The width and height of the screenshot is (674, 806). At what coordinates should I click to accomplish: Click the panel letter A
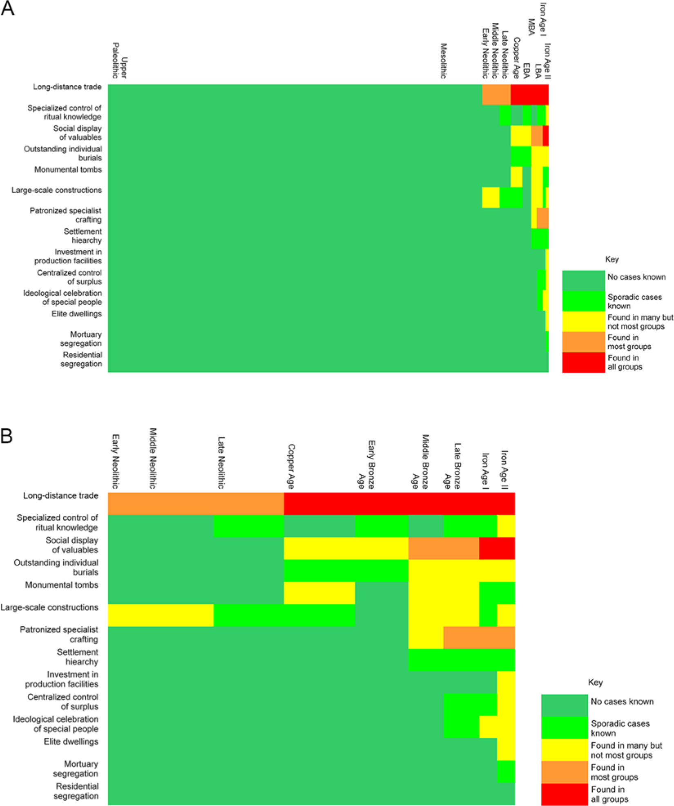pos(7,8)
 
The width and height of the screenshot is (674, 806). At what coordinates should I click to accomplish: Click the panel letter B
pos(7,436)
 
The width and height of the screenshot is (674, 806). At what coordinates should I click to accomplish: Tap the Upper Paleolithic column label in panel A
pos(119,61)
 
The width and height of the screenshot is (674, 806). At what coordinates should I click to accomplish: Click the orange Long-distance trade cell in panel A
pos(496,95)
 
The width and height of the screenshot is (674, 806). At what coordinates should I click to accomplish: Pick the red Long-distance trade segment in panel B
pos(399,503)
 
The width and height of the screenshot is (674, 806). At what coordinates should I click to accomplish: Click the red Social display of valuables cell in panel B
pos(497,548)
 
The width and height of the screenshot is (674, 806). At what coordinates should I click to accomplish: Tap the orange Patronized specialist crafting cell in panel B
pos(479,637)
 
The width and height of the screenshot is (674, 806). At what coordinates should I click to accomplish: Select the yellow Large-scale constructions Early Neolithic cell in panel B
pos(160,615)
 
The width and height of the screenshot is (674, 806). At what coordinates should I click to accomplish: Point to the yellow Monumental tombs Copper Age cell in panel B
pos(319,593)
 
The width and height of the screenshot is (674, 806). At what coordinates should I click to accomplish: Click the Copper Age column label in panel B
pos(291,466)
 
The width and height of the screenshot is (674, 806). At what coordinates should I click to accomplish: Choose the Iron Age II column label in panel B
pos(504,470)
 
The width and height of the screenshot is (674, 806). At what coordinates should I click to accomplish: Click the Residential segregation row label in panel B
pos(76,791)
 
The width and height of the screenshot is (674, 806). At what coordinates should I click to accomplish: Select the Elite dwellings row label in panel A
pos(76,314)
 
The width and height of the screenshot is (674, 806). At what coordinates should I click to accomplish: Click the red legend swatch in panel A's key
pos(583,362)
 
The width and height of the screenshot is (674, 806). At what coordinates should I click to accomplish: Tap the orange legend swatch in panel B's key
pos(564,772)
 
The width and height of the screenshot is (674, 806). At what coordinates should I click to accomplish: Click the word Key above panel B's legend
pos(595,682)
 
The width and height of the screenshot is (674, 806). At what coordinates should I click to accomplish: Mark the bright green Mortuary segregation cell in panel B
pos(506,771)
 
